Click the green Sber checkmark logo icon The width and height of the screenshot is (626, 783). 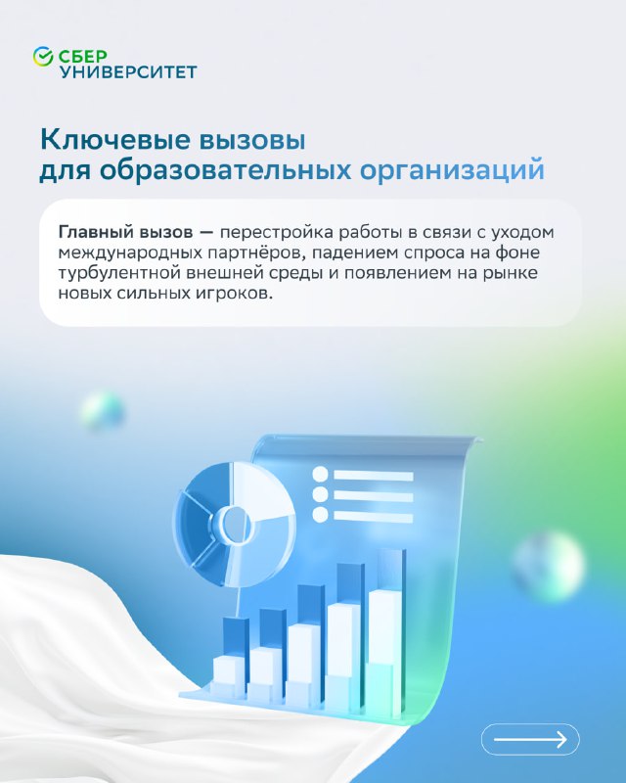[43, 57]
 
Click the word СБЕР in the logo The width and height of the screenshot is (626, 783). [82, 56]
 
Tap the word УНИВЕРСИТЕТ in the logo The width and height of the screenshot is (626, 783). [128, 71]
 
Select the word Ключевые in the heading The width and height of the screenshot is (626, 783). [114, 140]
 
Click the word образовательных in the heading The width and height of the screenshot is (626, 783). [225, 169]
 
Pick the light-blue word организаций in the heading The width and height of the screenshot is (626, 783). [452, 170]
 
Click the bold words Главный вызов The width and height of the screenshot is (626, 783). [126, 232]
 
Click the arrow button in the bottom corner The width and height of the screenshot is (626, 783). [530, 739]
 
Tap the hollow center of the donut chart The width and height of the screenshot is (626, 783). [234, 525]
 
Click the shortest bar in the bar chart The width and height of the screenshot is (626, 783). [230, 654]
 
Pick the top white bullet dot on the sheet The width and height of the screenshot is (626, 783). [320, 475]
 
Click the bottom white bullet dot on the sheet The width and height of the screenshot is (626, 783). [320, 515]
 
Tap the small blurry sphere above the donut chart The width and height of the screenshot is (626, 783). [102, 411]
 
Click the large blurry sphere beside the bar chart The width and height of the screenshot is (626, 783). [549, 565]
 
